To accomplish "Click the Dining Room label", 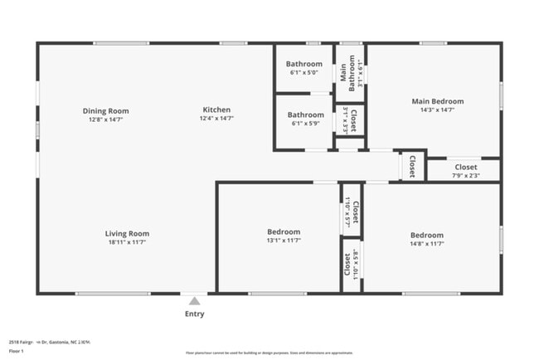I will [x=105, y=110].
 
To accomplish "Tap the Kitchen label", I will [x=216, y=109].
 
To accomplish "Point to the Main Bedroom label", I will [x=437, y=101].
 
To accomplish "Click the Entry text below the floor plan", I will [x=194, y=314].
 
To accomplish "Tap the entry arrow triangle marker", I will [x=194, y=300].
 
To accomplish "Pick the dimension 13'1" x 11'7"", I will [x=284, y=241].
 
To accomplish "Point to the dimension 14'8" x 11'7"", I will [x=427, y=243].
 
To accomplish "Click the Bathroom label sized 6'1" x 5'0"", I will [x=304, y=64].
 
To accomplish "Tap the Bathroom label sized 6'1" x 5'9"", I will [x=305, y=115].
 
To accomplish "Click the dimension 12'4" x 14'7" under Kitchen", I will [x=216, y=119].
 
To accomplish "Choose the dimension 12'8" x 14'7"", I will [x=105, y=119].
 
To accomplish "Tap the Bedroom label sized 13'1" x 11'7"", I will [x=284, y=231].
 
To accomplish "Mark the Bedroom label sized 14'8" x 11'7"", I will [x=427, y=235].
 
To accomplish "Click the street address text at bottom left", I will [x=49, y=341].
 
